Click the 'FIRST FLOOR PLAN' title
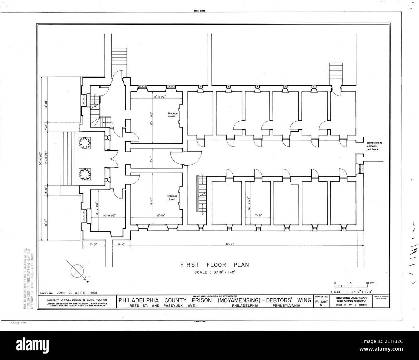214,265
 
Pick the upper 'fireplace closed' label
171,115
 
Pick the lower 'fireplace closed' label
171,198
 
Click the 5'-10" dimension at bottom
121,244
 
